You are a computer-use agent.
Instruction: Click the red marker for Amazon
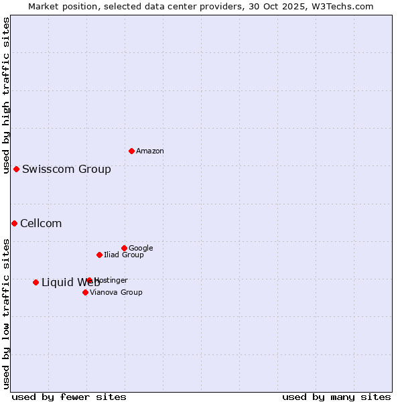(x=131, y=151)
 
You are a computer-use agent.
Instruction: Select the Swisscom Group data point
(x=16, y=169)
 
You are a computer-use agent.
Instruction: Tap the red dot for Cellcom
(x=14, y=223)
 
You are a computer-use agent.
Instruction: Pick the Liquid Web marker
(x=36, y=282)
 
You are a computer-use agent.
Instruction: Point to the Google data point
(x=124, y=248)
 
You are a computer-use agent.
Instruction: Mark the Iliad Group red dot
(x=99, y=255)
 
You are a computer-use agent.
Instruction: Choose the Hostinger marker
(x=89, y=280)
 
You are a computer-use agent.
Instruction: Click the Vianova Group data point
(x=85, y=292)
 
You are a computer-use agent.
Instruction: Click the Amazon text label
(x=150, y=151)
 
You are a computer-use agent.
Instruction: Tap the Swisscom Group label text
(x=66, y=169)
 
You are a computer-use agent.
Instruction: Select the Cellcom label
(x=41, y=223)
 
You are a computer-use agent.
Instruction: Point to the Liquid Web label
(x=70, y=282)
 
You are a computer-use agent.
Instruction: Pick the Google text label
(x=141, y=249)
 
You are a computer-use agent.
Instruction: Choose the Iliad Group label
(x=124, y=255)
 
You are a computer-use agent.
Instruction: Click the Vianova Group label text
(x=116, y=293)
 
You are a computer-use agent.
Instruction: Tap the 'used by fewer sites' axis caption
(x=69, y=397)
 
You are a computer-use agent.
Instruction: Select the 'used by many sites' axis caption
(x=336, y=397)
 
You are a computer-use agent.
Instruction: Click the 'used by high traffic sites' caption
(x=6, y=95)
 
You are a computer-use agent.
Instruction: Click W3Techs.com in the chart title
(x=344, y=6)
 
